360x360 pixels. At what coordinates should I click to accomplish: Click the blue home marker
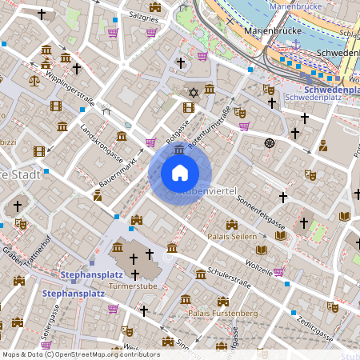[180, 173]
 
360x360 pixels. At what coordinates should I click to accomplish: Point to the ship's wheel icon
[270, 143]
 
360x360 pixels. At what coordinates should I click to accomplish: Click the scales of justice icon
[34, 80]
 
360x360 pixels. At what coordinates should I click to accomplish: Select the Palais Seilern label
[232, 237]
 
